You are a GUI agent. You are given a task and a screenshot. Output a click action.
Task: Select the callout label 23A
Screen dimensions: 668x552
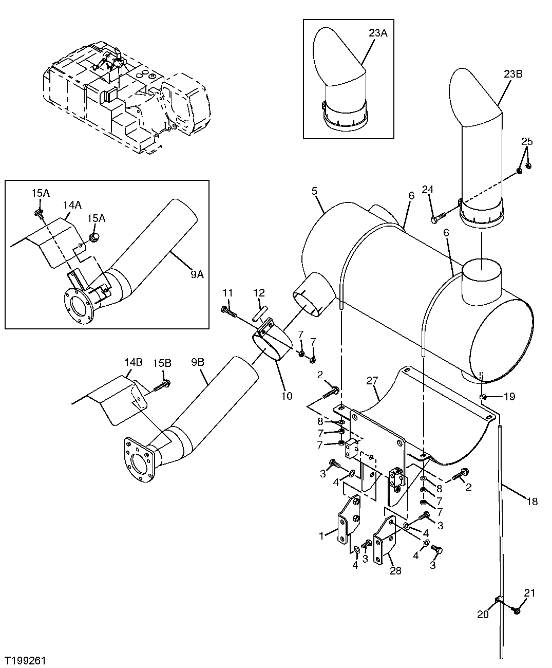[x=378, y=33]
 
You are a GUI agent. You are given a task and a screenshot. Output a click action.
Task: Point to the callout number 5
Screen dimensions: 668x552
[x=314, y=191]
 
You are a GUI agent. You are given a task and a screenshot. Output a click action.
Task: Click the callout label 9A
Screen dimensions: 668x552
[x=197, y=274]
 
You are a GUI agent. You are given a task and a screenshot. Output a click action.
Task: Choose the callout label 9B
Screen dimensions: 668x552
[x=198, y=362]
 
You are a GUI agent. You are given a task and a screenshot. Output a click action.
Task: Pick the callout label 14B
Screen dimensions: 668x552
[x=133, y=362]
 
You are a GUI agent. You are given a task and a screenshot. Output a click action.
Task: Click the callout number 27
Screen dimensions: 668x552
[x=372, y=381]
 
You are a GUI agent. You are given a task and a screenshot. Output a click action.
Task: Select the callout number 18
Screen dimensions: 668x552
[x=532, y=501]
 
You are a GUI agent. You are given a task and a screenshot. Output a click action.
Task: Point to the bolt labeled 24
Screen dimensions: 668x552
[x=435, y=219]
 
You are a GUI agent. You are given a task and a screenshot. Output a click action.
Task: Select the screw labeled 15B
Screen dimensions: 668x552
[x=164, y=383]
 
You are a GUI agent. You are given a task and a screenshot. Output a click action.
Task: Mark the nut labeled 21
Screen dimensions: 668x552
[x=517, y=610]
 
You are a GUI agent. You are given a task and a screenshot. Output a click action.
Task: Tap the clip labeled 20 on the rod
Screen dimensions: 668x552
[x=497, y=600]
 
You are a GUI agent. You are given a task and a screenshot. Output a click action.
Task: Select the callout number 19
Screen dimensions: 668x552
[x=509, y=396]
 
